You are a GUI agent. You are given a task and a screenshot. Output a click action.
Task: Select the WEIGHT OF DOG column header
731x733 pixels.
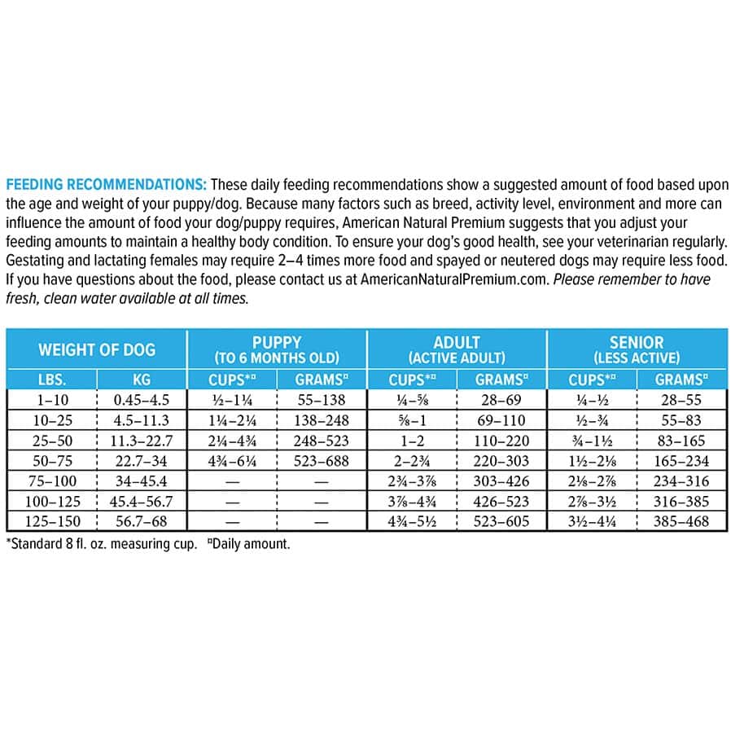coord(97,350)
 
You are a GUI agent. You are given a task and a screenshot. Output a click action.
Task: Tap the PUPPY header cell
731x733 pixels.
coord(277,349)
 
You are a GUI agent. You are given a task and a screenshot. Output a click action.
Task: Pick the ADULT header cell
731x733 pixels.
coord(457,349)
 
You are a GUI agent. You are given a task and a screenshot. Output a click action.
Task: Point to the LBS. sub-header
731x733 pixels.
coord(51,380)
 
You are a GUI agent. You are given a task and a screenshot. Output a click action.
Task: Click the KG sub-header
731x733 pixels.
coord(142,380)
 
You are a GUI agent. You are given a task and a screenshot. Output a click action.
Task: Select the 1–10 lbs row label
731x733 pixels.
coord(51,400)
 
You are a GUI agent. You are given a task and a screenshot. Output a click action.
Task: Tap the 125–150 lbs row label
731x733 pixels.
coord(51,521)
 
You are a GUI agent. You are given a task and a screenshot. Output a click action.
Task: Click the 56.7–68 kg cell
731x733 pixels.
coord(142,521)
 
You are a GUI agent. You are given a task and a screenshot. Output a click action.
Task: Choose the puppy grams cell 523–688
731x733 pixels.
coord(322,460)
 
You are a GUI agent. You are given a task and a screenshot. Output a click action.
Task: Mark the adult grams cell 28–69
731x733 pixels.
coord(501,400)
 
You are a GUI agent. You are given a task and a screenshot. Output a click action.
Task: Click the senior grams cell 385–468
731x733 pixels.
coord(681,521)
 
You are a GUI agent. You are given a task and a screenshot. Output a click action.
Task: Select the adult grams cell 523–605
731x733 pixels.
coord(501,521)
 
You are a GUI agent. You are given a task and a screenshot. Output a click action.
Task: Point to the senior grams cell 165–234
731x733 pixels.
coord(681,460)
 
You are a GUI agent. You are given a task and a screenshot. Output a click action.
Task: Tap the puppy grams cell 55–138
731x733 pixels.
coord(322,400)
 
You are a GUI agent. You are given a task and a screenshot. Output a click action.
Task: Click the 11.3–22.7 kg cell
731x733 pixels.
coord(142,441)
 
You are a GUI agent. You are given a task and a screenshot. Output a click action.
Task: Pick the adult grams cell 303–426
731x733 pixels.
coord(501,481)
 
